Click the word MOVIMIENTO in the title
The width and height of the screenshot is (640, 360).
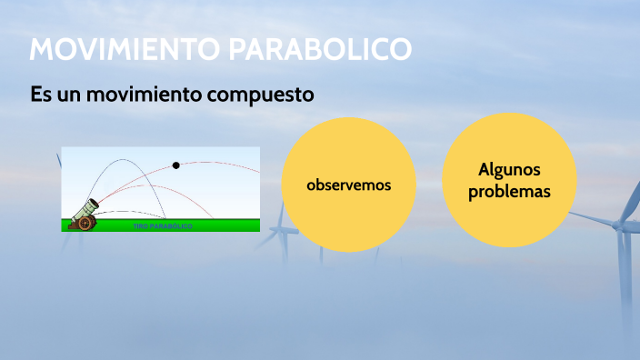pos(125,49)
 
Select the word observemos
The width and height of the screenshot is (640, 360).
pos(348,185)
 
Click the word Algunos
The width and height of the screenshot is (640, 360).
pos(509,170)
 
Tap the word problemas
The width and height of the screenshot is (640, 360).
pos(509,193)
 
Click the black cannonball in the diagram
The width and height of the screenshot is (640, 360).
pos(176,165)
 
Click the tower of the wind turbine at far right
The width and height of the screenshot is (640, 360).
pos(623,273)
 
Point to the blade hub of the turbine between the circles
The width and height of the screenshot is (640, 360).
pos(284,227)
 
